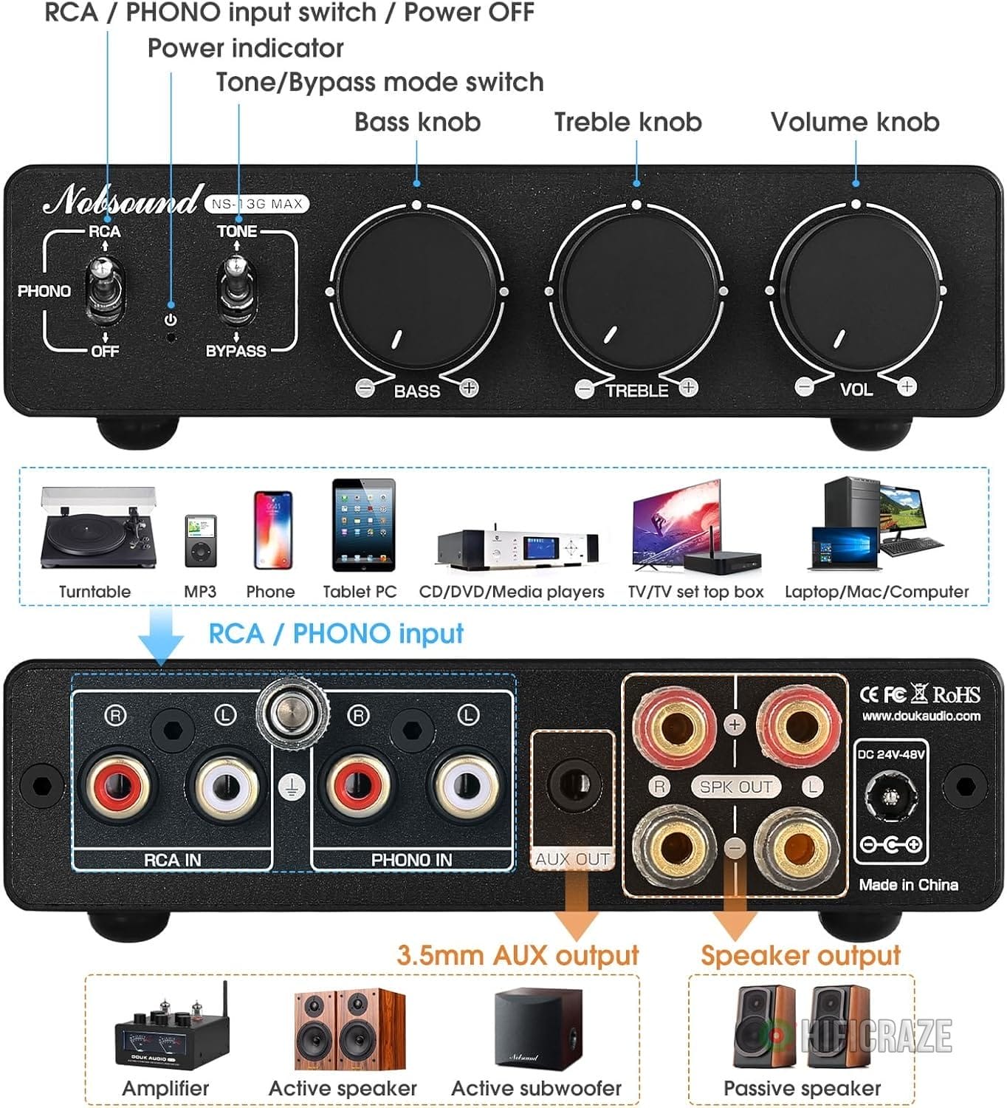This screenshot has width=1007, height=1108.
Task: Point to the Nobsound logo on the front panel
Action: pos(122,200)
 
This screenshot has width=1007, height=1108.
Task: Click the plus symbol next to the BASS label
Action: pos(469,387)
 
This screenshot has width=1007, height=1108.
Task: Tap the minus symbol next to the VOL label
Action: pos(805,386)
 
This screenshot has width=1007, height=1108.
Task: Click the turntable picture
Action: pos(98,527)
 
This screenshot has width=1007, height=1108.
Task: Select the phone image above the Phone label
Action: pos(272,530)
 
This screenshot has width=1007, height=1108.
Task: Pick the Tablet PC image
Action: pos(362,525)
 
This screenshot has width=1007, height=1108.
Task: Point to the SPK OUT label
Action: pos(735,787)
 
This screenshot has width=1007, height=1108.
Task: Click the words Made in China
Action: pos(908,884)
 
